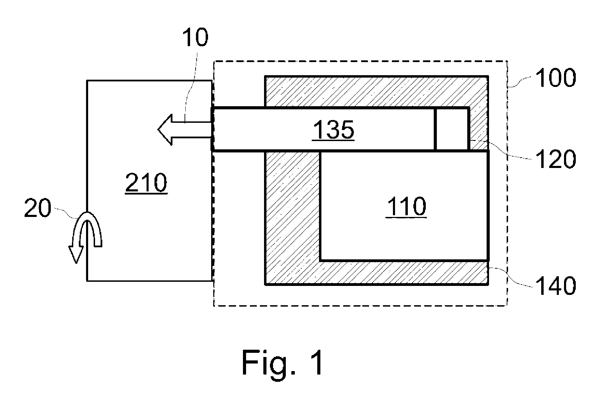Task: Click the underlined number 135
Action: [x=334, y=131]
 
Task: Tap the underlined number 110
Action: [x=407, y=207]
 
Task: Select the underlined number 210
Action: [x=146, y=183]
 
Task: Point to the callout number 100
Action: [x=555, y=78]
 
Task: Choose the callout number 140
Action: [x=555, y=286]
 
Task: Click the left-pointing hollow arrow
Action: [x=184, y=130]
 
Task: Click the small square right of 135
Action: [x=451, y=129]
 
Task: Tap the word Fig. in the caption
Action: [x=271, y=362]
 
